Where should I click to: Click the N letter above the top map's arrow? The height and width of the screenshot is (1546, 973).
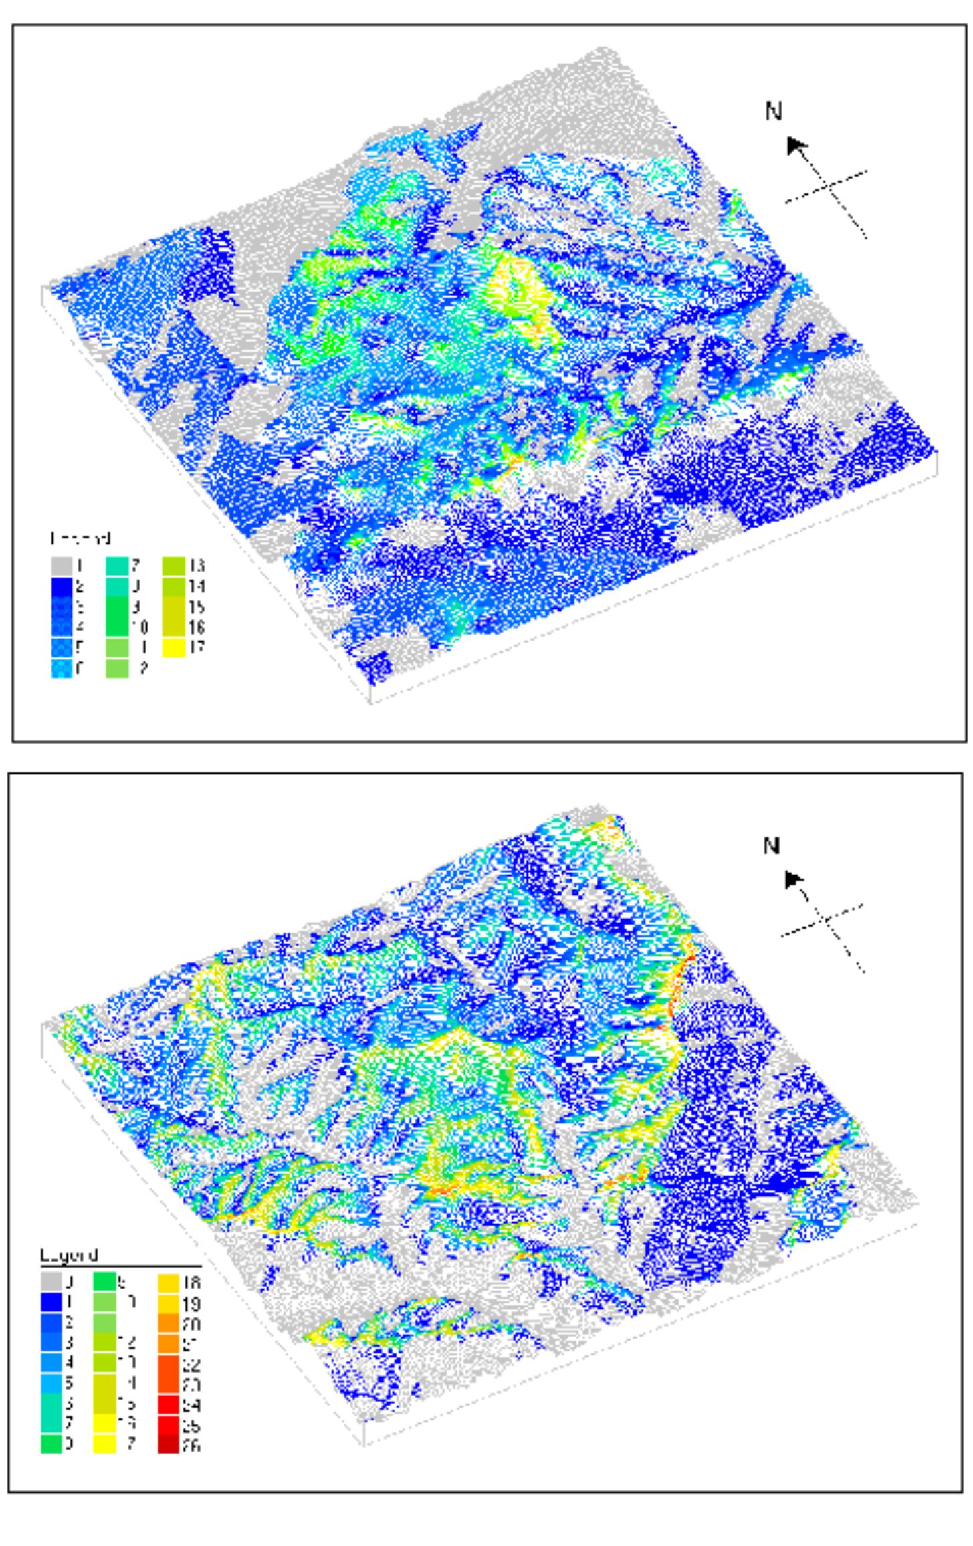tap(773, 112)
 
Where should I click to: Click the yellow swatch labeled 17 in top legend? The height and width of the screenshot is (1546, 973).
tap(174, 647)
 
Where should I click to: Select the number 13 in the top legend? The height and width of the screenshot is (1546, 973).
tap(197, 566)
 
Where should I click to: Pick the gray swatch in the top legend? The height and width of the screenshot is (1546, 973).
tap(62, 566)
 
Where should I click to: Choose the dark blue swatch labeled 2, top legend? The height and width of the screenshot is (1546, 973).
tap(62, 586)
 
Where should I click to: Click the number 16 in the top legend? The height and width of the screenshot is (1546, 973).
tap(197, 627)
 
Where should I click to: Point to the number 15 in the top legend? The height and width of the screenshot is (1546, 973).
tap(197, 607)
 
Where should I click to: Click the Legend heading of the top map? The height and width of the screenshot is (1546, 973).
tap(80, 538)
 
